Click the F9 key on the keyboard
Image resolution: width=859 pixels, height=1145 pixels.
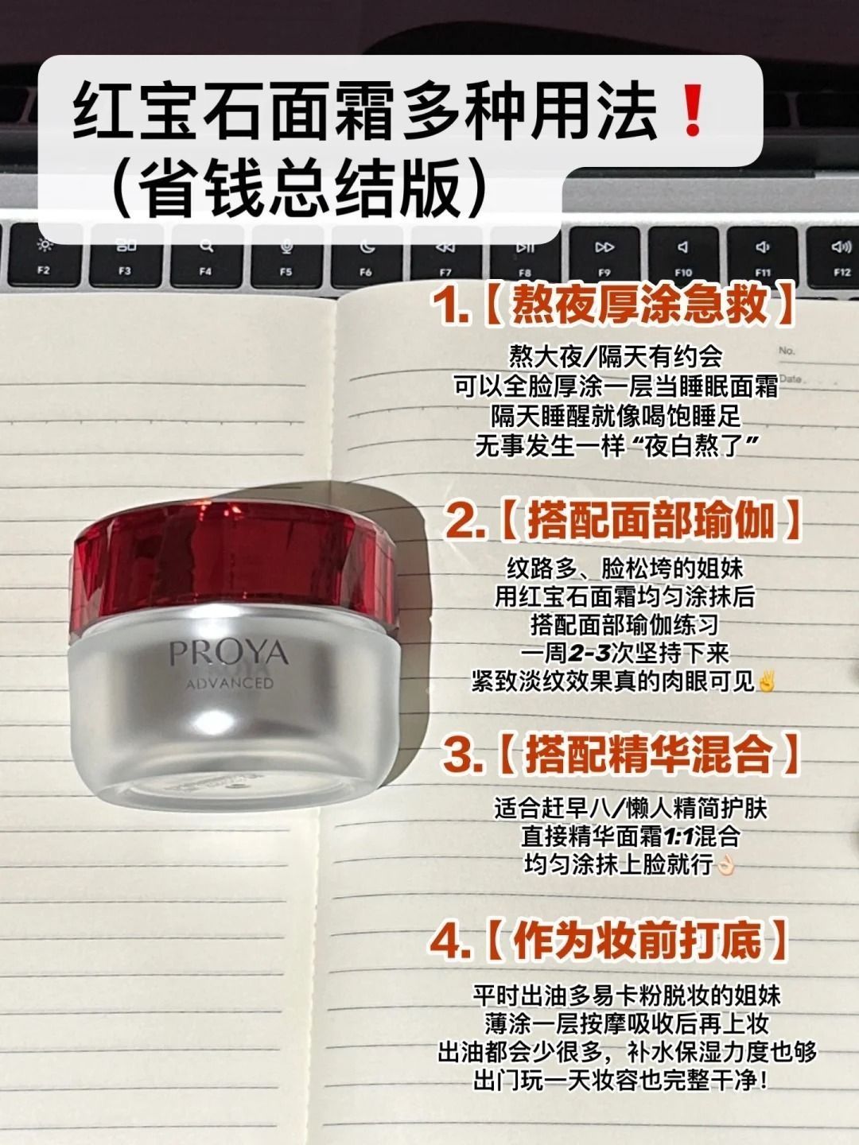click(604, 257)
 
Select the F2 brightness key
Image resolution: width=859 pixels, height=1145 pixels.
click(45, 255)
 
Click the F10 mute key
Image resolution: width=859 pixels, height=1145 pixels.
click(683, 257)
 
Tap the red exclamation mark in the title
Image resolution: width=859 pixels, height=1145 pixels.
click(693, 111)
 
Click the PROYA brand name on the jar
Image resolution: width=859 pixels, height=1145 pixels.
click(229, 653)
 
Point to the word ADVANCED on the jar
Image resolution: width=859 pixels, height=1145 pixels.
click(230, 683)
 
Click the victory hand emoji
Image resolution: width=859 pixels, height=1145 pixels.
click(766, 681)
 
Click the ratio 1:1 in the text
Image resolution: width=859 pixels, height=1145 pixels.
click(678, 837)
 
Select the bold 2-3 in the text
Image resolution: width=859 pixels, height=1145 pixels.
click(594, 653)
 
